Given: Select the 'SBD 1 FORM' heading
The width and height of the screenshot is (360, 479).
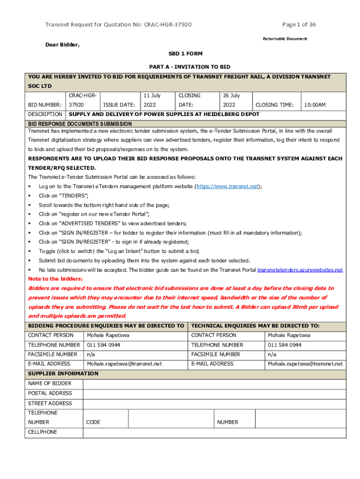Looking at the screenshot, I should (x=186, y=54).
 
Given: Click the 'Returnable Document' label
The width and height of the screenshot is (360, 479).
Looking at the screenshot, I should (x=285, y=38).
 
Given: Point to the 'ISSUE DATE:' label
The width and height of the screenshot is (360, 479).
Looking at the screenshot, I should (x=119, y=105).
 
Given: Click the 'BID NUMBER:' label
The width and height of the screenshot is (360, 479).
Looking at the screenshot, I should (x=45, y=105).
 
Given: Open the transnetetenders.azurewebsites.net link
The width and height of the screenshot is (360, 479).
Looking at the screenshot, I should (x=300, y=270).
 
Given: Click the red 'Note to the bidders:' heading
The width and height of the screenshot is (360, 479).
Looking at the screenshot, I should (x=56, y=279).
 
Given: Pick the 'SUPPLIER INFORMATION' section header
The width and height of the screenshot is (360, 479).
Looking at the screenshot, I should (x=63, y=374).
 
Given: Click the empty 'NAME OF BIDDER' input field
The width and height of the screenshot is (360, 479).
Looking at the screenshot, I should (x=214, y=384).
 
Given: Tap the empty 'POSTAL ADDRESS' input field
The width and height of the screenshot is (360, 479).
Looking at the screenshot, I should (x=214, y=393).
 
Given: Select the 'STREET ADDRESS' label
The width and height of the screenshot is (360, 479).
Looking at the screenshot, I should (x=50, y=403).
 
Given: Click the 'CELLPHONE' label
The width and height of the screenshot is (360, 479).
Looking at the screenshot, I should (x=43, y=432).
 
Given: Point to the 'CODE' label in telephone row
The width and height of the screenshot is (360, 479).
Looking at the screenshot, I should (x=94, y=422).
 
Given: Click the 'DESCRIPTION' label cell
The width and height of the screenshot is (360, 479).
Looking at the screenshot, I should (x=45, y=115).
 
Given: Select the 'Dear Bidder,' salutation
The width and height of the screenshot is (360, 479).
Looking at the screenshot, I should (x=62, y=45).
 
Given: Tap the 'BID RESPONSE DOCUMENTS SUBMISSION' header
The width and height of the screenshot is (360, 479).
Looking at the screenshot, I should (x=80, y=123).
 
